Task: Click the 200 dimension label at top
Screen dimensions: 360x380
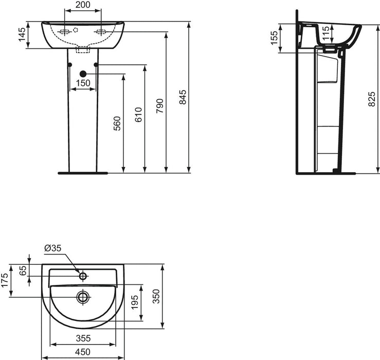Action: tap(82, 5)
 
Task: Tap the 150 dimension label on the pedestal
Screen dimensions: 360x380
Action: tap(83, 83)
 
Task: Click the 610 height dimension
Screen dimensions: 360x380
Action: tap(138, 118)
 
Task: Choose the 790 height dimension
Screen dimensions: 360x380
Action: tap(160, 104)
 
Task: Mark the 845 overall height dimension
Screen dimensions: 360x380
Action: tap(183, 97)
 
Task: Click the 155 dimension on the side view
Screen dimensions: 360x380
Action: tap(274, 38)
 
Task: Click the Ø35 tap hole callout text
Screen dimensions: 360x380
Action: tap(53, 248)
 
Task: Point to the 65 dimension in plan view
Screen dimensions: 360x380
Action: tap(23, 271)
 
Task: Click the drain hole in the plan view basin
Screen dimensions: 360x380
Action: tap(82, 296)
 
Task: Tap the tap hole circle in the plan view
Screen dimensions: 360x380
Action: tap(82, 276)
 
